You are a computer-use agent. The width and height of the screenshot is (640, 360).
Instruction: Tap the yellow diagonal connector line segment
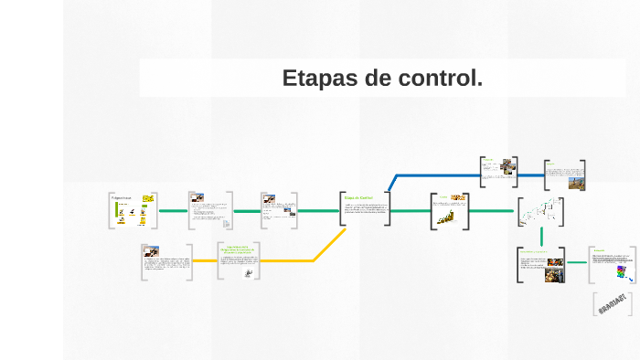[330, 244]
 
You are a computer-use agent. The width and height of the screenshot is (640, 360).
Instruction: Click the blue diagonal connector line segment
[391, 183]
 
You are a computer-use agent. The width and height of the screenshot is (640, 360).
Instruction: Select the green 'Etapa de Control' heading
[358, 197]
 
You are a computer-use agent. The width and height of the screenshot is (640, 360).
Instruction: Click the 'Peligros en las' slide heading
[122, 197]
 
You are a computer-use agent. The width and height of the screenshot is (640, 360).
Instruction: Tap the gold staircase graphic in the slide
[447, 217]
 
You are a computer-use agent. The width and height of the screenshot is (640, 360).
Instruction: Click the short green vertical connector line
[541, 236]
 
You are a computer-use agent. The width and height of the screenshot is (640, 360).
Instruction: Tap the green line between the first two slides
[173, 211]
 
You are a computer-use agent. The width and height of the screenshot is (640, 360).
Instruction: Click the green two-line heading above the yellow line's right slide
[238, 249]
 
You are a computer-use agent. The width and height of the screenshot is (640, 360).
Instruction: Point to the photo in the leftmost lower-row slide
[151, 250]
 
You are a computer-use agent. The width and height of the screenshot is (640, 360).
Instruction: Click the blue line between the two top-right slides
[530, 174]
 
